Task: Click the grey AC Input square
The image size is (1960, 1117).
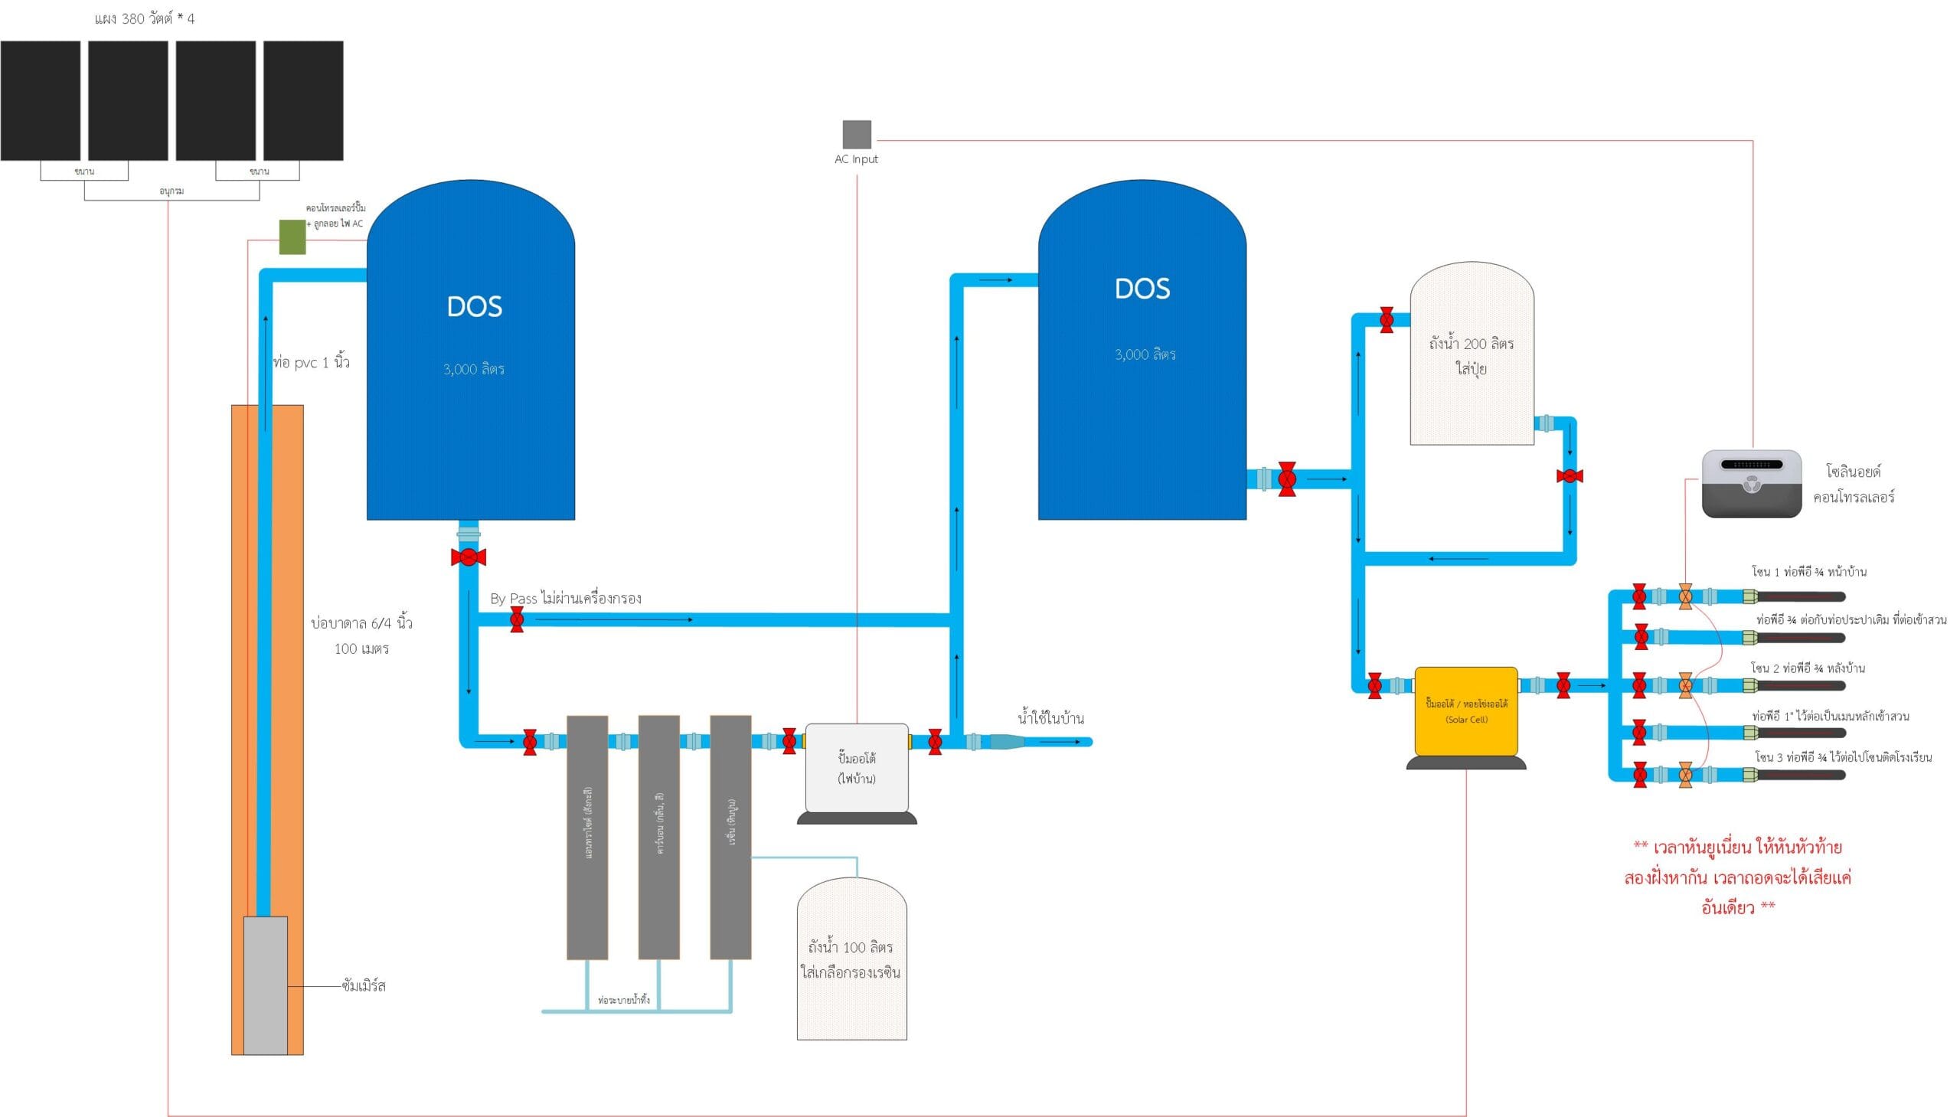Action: point(857,134)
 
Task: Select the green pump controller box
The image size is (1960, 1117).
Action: point(292,237)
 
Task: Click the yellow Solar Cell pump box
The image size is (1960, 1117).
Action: point(1466,711)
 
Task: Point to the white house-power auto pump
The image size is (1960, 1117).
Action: point(856,767)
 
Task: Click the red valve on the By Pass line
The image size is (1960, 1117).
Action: point(517,619)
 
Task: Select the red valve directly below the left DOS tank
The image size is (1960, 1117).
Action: point(468,557)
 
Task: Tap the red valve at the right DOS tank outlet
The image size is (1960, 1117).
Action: point(1287,479)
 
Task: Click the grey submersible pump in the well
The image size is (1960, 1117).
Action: point(266,985)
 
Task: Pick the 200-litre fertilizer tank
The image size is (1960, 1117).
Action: point(1472,355)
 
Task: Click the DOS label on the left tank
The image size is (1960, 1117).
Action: point(474,307)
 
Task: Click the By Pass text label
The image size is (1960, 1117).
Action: point(565,599)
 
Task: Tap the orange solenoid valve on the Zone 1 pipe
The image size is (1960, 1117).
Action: point(1685,596)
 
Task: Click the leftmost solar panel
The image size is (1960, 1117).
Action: point(41,100)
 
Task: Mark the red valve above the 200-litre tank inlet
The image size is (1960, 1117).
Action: point(1387,320)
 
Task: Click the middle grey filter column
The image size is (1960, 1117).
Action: point(659,837)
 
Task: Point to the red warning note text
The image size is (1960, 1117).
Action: point(1737,877)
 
